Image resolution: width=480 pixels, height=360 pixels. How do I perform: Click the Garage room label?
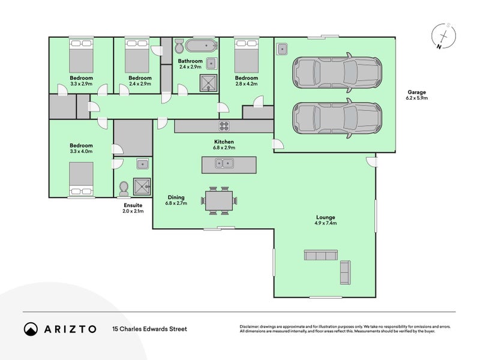click(416, 92)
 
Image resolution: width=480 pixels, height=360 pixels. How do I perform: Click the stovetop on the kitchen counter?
click(225, 126)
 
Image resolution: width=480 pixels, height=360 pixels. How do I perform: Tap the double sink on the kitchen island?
click(225, 163)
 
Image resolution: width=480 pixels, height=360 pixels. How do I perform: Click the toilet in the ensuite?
click(125, 188)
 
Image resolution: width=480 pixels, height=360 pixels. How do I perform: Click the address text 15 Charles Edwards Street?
click(150, 329)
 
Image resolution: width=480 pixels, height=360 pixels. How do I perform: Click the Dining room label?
click(176, 197)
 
